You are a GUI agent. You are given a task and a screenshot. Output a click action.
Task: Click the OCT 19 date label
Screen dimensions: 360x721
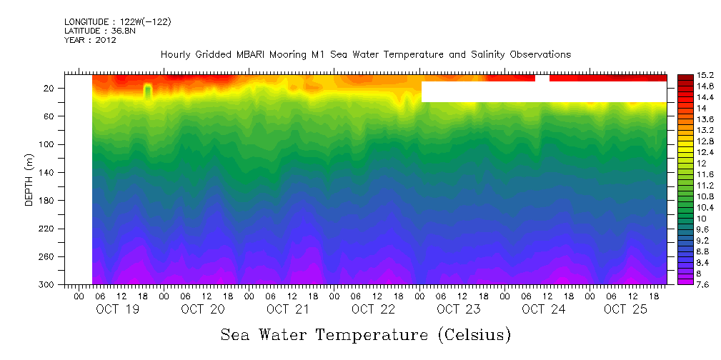[117, 309]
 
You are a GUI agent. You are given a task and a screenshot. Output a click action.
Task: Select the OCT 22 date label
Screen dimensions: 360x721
[373, 309]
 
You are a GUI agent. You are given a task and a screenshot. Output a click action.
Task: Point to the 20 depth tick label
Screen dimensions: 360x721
[49, 89]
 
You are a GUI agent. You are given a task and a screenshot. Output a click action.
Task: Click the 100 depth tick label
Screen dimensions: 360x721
[47, 145]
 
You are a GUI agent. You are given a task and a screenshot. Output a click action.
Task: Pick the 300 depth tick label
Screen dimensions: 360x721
[47, 285]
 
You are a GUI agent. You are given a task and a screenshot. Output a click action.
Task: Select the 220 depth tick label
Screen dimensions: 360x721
[47, 229]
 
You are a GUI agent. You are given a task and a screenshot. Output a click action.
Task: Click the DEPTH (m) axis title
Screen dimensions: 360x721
[29, 181]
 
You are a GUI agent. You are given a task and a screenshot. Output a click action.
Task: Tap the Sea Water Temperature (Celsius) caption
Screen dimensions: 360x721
[365, 335]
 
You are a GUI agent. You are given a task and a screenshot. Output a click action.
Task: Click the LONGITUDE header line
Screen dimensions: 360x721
[117, 22]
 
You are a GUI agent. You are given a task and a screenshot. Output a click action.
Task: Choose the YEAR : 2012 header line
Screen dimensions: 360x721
[90, 41]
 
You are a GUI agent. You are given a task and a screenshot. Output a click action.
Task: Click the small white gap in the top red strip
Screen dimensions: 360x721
[542, 78]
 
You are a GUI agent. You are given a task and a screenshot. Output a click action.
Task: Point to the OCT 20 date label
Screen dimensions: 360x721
[202, 309]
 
